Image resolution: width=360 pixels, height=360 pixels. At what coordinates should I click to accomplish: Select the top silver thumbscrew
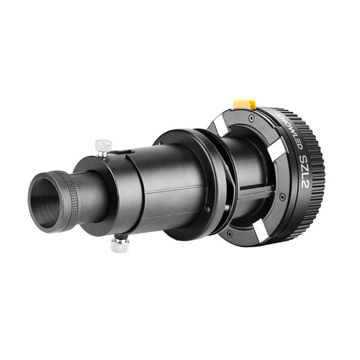click(103, 146)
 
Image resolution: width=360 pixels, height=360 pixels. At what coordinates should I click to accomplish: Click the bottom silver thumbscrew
click(120, 244)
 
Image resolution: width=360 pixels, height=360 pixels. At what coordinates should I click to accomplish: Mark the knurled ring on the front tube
click(68, 201)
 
